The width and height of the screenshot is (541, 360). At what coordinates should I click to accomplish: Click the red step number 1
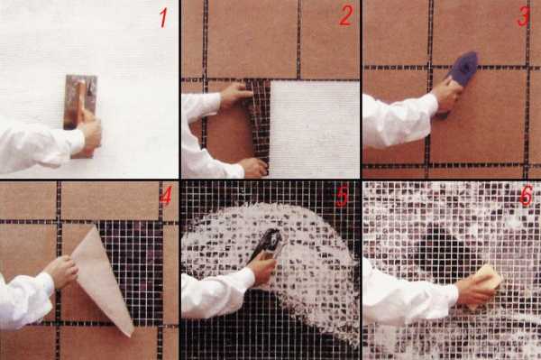[163, 18]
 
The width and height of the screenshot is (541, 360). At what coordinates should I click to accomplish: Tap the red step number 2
[345, 15]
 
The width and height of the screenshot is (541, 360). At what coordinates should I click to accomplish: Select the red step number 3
[523, 16]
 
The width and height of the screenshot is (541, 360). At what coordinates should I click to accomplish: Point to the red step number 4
[166, 197]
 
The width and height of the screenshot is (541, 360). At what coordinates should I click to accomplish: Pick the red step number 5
[343, 197]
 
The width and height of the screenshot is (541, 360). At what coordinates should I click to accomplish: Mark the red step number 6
[527, 196]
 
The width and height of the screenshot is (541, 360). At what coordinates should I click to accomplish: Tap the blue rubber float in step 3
[461, 78]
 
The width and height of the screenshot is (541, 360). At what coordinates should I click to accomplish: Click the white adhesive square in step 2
[315, 129]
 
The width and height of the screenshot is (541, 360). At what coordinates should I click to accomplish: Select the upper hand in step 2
[236, 96]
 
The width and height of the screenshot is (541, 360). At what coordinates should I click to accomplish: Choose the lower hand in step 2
[253, 168]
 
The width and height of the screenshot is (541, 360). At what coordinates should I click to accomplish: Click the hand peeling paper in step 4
[61, 272]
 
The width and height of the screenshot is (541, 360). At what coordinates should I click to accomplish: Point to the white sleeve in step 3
[397, 119]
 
